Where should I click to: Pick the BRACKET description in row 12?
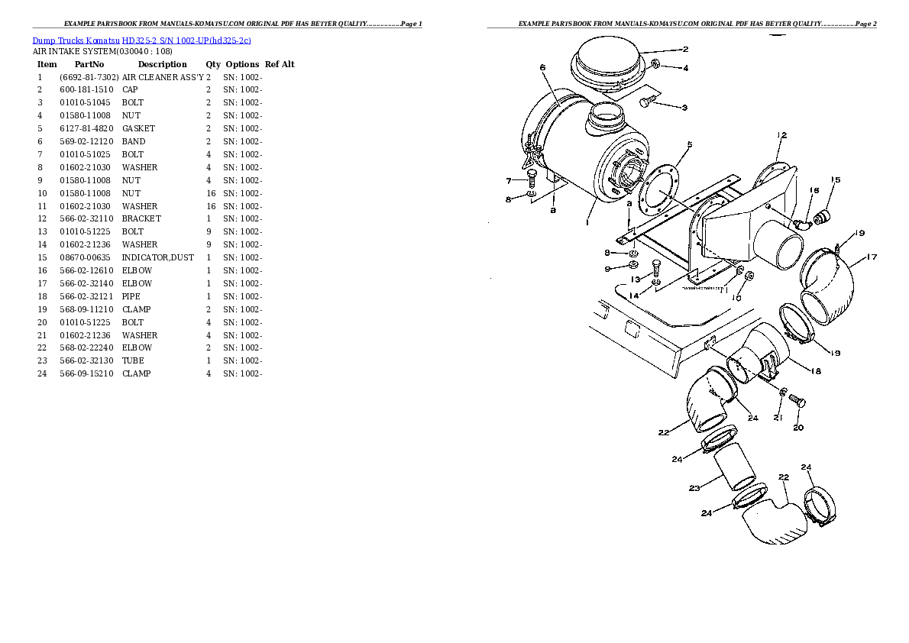141,218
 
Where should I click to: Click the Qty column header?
212,64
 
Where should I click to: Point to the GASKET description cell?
138,128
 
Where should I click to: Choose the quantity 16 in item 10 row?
211,193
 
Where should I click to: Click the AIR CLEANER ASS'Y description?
163,77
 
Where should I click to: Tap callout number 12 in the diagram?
781,136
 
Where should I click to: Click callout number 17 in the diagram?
872,257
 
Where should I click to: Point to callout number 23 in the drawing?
694,488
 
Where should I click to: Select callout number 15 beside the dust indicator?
836,180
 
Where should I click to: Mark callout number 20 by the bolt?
797,428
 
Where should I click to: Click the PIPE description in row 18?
131,296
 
